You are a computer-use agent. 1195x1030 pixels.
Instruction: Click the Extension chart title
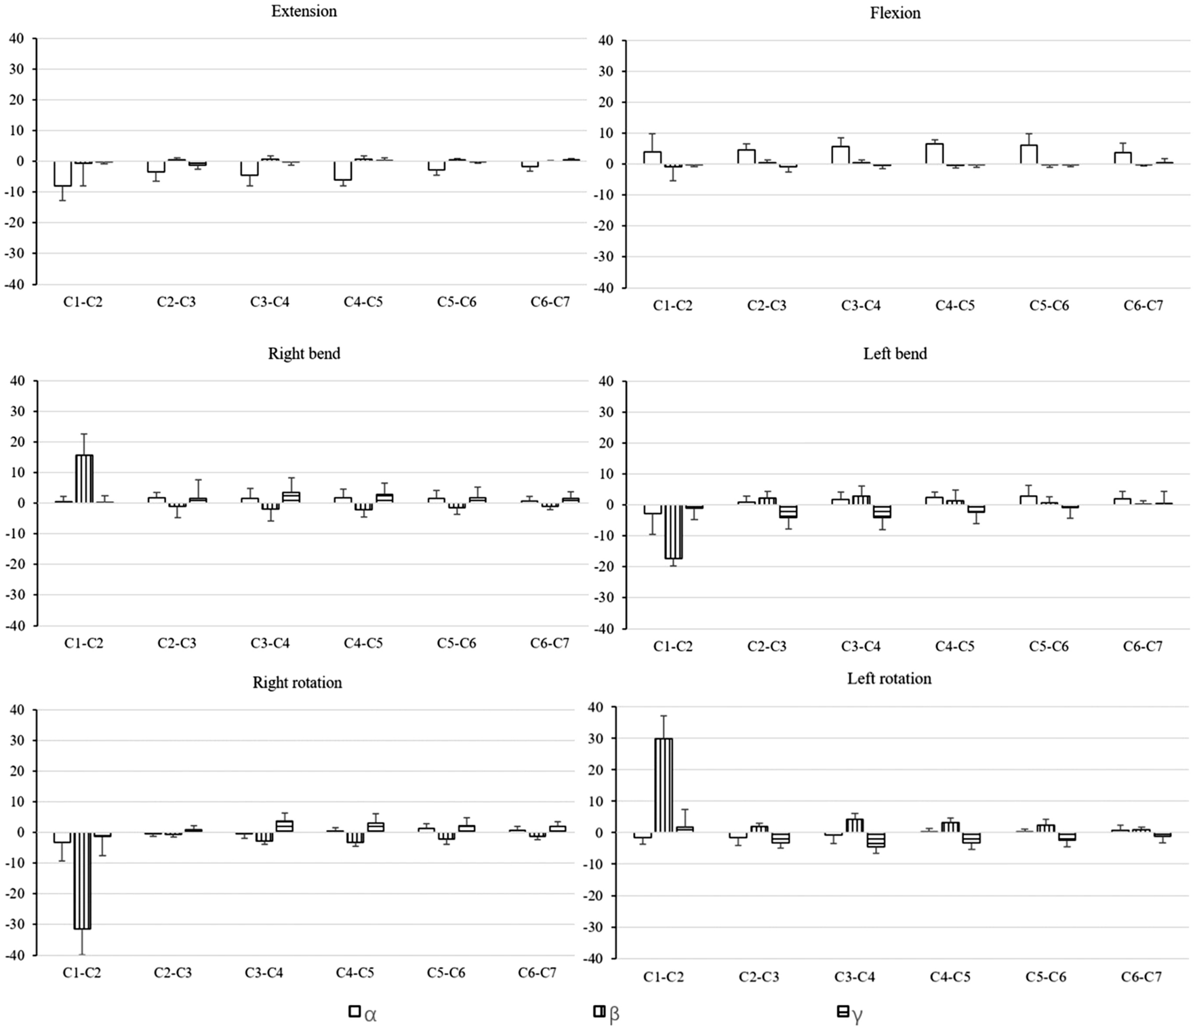point(304,12)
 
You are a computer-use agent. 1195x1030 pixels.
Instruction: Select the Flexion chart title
point(895,13)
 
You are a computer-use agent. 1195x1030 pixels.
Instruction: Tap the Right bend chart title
point(304,353)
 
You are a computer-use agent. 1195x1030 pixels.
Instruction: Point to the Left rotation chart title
point(889,679)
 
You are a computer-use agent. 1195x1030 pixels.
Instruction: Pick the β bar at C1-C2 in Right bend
point(84,479)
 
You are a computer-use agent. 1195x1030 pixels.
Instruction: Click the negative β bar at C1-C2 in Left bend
point(673,532)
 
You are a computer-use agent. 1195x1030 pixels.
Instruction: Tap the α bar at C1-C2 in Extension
point(63,174)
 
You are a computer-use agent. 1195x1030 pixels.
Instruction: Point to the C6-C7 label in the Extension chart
point(550,302)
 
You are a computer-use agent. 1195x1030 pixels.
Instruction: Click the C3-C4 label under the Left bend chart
point(861,646)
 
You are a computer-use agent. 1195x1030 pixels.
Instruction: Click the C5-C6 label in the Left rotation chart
point(1046,977)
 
